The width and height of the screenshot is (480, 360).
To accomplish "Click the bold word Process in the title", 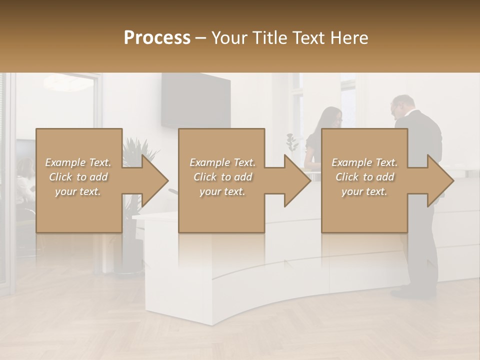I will click(157, 37).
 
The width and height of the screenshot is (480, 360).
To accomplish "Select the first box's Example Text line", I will click(78, 162).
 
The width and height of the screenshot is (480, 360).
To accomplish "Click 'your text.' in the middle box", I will click(222, 192).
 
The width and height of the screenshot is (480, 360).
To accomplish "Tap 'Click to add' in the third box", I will click(365, 177).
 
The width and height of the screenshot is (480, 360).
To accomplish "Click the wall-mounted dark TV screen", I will click(195, 100).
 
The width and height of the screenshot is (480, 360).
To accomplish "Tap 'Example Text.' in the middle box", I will click(222, 162).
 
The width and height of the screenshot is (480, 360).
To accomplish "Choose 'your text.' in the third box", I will click(364, 192).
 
